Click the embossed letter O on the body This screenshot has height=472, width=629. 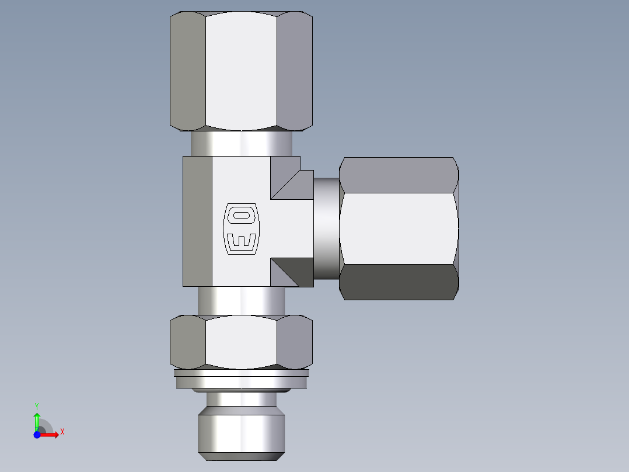tap(241, 216)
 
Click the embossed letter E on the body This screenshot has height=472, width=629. tap(241, 240)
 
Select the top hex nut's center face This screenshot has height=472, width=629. tap(241, 70)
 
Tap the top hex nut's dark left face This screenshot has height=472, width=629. tap(187, 70)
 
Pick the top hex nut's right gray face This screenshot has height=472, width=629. tap(294, 70)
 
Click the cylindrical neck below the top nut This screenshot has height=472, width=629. tap(241, 143)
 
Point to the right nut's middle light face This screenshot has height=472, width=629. tap(399, 228)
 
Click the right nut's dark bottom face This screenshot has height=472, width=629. tap(399, 282)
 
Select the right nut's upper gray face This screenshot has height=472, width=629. tap(399, 175)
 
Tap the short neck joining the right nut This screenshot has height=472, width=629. tap(326, 228)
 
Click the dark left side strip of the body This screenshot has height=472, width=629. tap(197, 221)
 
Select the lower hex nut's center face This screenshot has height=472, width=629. tap(241, 342)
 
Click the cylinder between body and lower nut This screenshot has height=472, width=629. tap(241, 301)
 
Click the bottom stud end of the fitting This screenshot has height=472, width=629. tap(241, 432)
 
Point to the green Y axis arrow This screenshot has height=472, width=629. tap(37, 417)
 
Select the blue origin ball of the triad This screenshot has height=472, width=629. tap(37, 435)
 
